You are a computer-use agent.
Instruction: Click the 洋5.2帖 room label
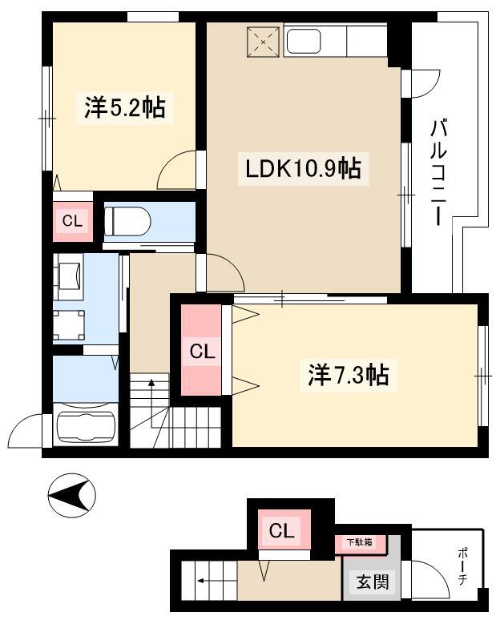coord(125,107)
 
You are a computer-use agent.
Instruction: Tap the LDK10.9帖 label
coord(303,169)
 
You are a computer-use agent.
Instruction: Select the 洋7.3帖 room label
coord(348,375)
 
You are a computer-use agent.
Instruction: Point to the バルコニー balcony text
coord(438,172)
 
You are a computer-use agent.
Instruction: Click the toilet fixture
coord(127,221)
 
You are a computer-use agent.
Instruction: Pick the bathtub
coord(86,425)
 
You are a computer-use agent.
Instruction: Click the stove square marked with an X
coord(264,42)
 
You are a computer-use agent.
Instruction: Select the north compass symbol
coord(71,495)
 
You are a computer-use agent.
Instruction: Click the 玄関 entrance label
coord(373,582)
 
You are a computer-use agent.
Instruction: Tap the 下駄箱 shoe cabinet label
coord(360,542)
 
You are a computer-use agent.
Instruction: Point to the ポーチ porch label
coord(462,566)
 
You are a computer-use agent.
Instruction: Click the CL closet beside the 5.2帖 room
coord(72,221)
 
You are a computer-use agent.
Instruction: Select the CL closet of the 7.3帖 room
coord(202,351)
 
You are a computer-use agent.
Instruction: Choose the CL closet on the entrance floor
coord(282,530)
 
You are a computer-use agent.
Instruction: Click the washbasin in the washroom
coord(69,276)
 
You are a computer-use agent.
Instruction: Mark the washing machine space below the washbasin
coord(69,325)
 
